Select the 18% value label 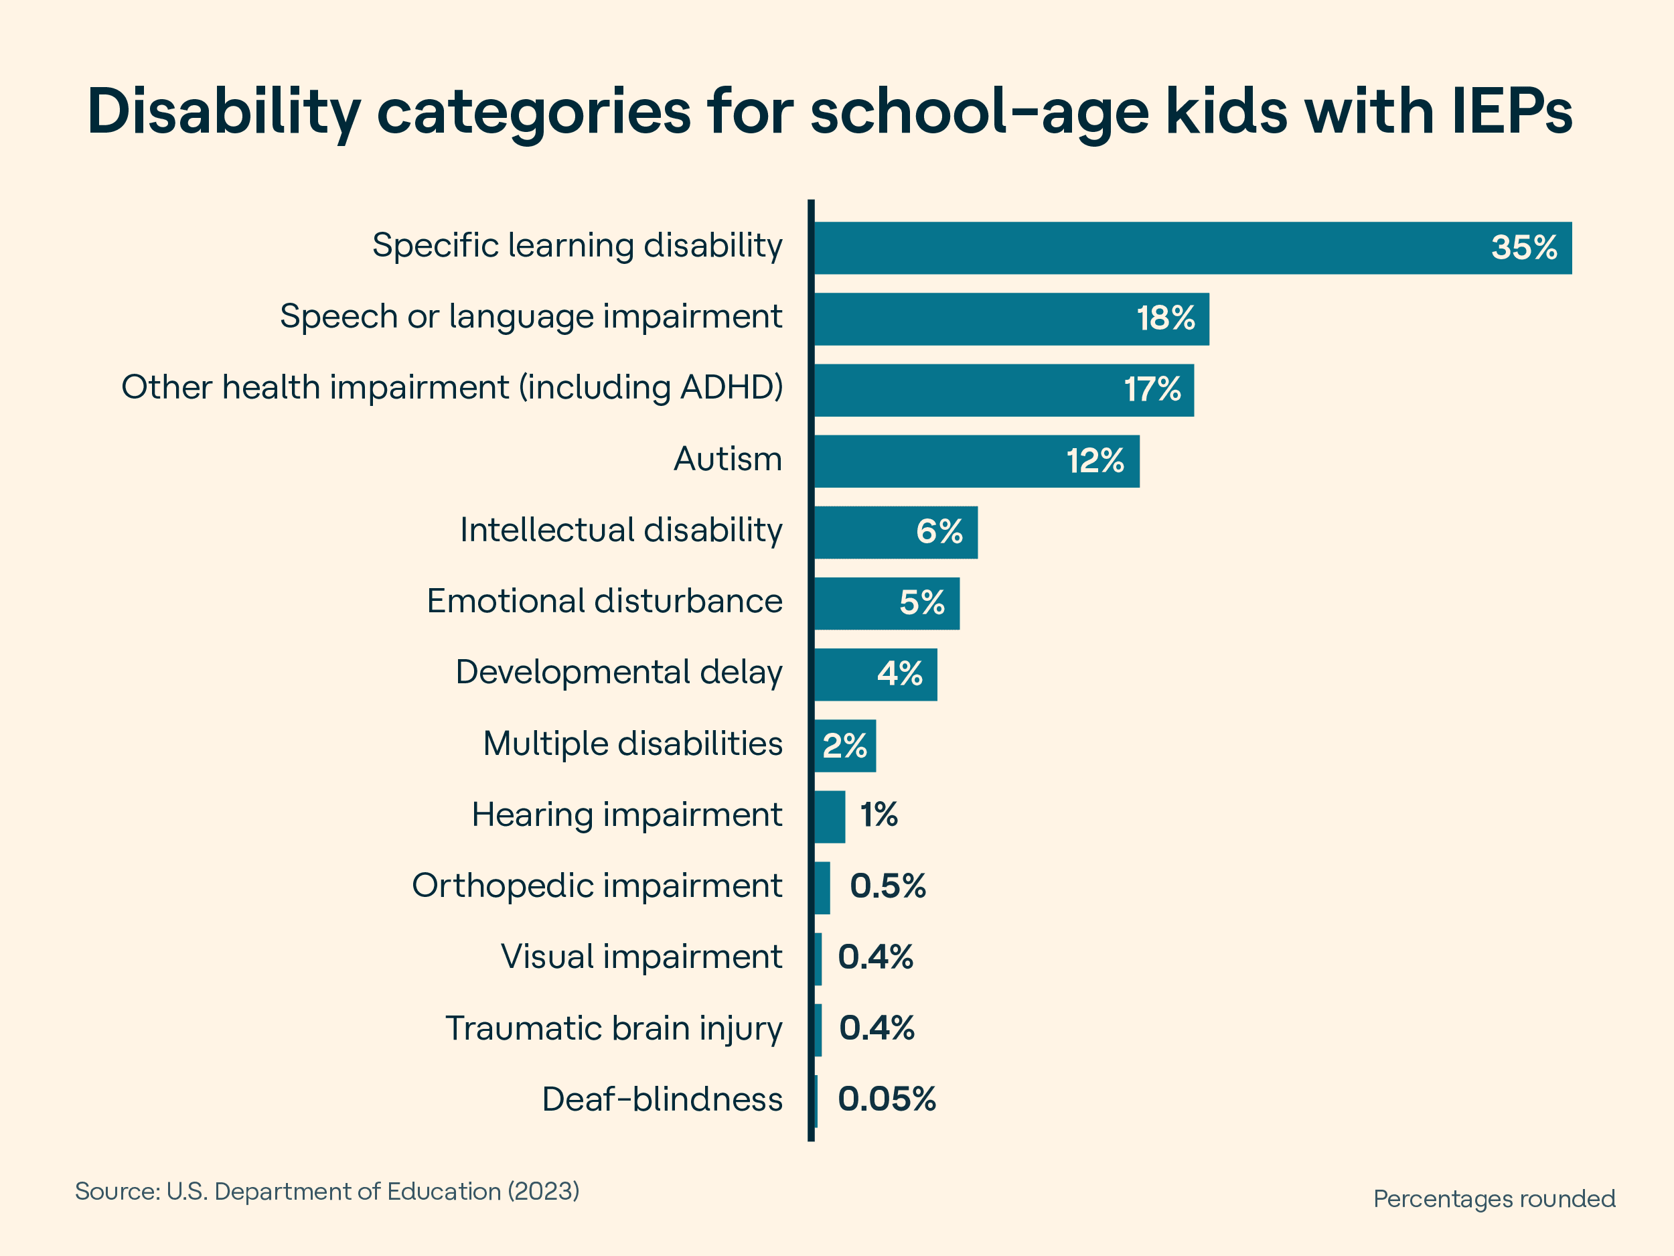coord(1166,319)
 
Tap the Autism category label coord(727,459)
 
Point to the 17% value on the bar coord(1152,390)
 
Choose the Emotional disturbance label coord(604,601)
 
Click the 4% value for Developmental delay coord(900,674)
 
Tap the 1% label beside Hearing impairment coord(879,815)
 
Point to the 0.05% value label coord(886,1099)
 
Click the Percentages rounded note coord(1494,1199)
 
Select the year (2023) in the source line coord(542,1192)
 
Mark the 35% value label coord(1523,248)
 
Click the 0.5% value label coord(888,886)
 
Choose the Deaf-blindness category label coord(662,1099)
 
